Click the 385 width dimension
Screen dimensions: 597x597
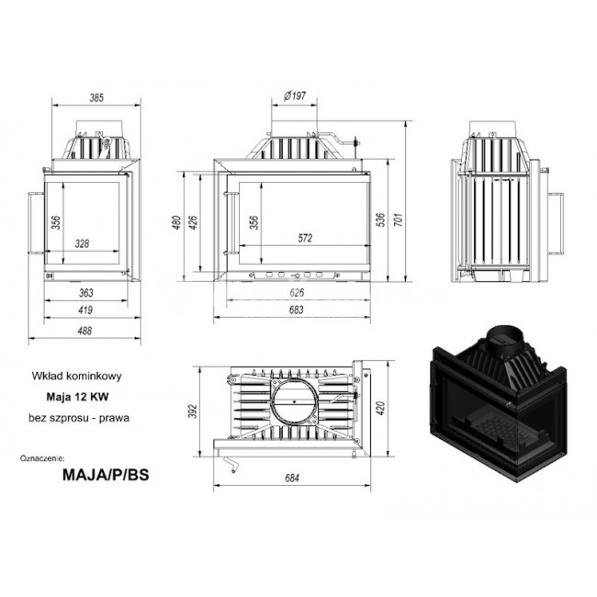pos(96,98)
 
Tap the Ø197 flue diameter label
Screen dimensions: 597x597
pos(295,96)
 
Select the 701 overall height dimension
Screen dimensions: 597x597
pos(398,220)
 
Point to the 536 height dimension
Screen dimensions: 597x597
pos(380,220)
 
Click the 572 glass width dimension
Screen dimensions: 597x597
pos(305,239)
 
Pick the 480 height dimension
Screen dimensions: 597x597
pos(176,222)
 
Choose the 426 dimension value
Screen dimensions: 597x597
pos(193,222)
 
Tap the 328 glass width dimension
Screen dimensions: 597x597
pos(82,243)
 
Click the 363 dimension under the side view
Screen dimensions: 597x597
pos(86,293)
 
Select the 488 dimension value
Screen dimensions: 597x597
pos(84,331)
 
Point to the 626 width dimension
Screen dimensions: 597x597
pos(297,293)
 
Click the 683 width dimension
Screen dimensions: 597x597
pos(297,310)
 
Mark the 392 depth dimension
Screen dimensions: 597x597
pos(194,411)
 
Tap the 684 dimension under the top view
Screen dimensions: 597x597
pos(292,479)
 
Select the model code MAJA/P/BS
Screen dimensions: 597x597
pos(106,475)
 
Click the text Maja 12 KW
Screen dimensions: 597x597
pos(78,397)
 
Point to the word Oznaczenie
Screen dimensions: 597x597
pos(42,457)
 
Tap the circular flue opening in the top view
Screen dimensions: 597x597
pos(294,401)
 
